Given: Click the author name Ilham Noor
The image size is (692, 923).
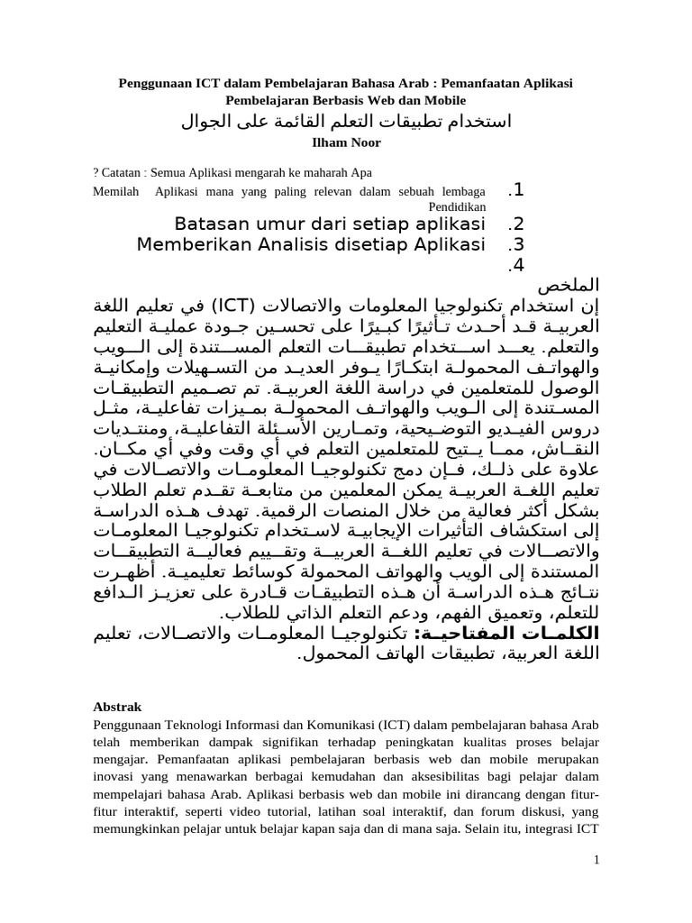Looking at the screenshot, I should (346, 142).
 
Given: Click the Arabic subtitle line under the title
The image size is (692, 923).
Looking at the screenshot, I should (346, 122).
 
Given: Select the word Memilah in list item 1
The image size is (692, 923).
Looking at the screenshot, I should (116, 191).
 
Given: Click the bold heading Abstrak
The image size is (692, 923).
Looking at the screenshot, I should (116, 707).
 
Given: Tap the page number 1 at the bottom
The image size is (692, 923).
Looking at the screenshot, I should (596, 862).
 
